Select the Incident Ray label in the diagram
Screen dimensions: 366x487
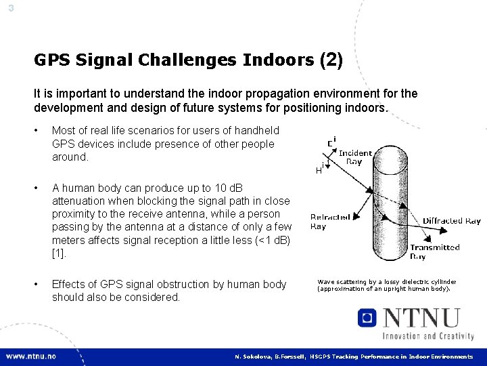coord(354,157)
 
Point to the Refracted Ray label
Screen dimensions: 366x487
coord(329,222)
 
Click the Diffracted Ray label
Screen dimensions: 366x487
coord(451,221)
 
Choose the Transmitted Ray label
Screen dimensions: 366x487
coord(434,252)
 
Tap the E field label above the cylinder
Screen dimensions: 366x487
coord(331,142)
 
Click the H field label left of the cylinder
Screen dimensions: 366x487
coord(319,170)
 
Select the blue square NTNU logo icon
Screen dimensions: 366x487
coord(367,318)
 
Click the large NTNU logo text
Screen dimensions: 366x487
coord(419,318)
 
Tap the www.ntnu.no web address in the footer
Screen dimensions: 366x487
coord(31,357)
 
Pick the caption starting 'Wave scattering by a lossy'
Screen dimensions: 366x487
coord(386,285)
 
